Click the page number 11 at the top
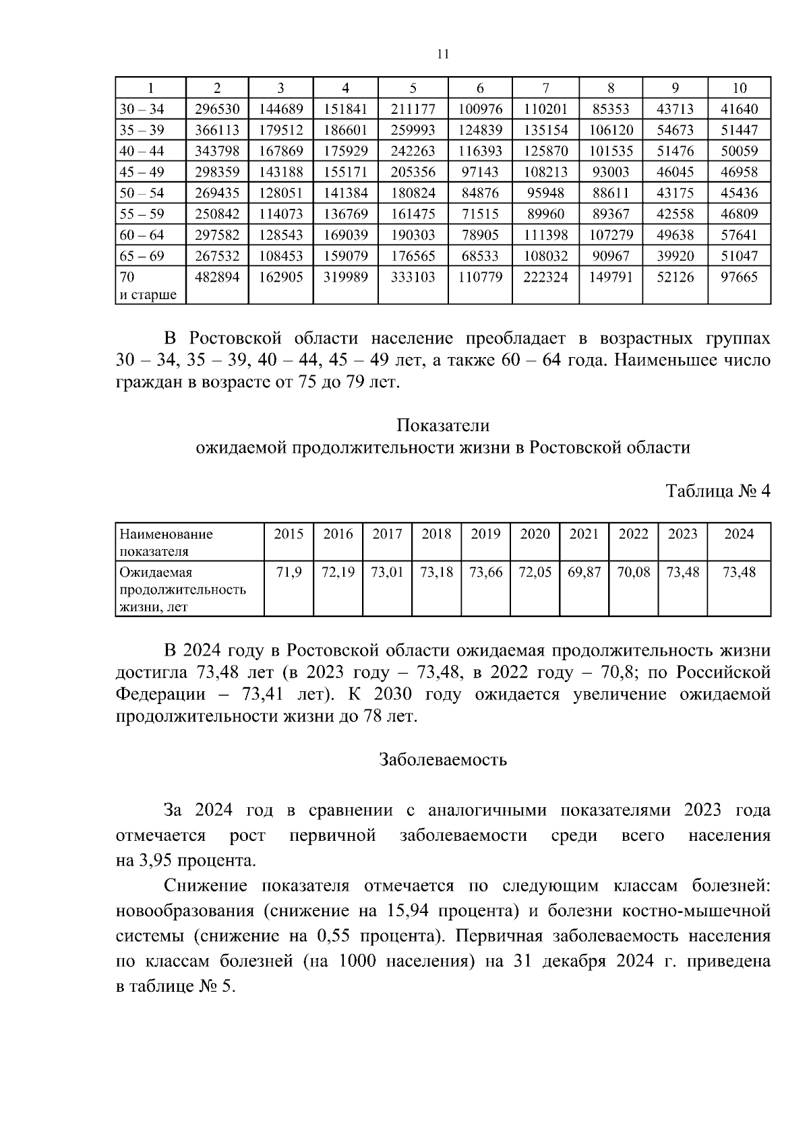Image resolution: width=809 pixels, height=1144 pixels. pos(443,55)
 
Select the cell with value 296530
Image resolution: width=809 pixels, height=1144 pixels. pos(217,109)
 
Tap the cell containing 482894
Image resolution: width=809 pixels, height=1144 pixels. pos(217,277)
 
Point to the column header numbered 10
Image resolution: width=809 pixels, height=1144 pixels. pos(739,88)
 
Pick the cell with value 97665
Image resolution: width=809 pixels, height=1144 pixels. pos(739,277)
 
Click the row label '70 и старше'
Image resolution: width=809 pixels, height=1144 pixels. pos(148,286)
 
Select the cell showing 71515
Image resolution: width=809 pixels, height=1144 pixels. pos(480,214)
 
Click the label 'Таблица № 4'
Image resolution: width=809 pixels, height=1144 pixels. pos(718,490)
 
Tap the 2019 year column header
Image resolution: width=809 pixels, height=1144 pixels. pos(485,534)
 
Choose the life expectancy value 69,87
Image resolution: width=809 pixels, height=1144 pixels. pos(584,573)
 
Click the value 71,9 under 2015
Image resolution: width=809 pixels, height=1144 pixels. pos(289,573)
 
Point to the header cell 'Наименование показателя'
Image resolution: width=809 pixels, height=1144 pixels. pos(166,542)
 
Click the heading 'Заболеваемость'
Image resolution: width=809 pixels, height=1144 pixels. pos(443,760)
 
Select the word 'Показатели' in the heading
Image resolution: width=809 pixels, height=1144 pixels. pos(443,426)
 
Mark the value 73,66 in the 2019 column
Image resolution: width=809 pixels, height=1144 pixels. pos(485,573)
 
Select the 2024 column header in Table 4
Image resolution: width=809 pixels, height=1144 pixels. pos(739,534)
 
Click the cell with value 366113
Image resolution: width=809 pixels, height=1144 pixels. pos(217,130)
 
